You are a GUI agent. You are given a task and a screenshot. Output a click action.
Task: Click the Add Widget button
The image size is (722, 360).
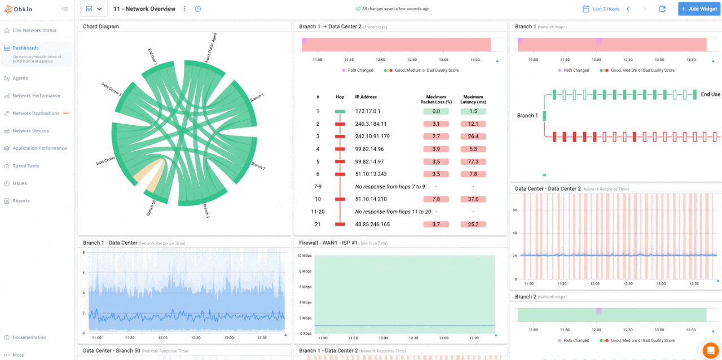699,9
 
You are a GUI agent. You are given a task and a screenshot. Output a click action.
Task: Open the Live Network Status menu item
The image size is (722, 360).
34,30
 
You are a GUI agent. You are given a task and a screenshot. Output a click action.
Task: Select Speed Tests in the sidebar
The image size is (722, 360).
26,166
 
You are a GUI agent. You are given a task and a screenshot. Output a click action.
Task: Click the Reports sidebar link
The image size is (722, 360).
21,201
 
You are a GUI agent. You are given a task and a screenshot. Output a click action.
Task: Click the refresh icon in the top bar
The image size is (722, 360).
662,9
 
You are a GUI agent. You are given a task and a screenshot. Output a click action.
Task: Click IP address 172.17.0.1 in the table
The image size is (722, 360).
368,112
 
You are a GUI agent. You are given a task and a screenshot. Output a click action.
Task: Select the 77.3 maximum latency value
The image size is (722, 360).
473,161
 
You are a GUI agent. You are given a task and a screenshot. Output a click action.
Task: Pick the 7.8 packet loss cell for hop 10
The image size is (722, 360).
435,199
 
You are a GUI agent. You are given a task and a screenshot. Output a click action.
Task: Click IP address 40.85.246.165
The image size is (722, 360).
372,225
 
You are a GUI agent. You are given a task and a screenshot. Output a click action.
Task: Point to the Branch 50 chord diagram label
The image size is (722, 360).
151,208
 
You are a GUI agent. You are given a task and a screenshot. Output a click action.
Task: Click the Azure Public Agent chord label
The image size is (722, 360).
211,47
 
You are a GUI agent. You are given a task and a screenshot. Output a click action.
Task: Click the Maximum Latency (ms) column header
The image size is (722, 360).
473,99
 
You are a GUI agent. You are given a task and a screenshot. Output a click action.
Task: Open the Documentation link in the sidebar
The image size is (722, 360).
29,337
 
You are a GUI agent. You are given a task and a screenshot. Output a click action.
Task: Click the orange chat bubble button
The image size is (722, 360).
710,350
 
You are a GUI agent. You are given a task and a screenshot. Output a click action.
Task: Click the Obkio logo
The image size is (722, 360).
20,9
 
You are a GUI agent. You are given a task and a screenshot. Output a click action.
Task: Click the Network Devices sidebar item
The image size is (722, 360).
30,131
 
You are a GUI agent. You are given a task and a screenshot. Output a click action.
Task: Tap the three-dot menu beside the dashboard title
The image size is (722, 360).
184,9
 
